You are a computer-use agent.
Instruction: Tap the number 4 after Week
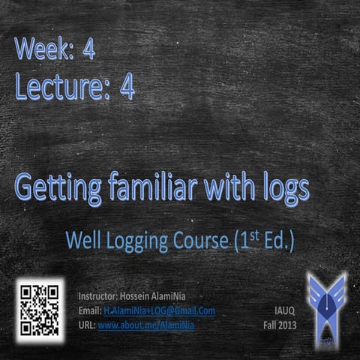[x=89, y=49]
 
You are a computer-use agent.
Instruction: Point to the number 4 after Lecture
[x=127, y=88]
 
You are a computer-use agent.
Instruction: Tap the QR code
[x=39, y=309]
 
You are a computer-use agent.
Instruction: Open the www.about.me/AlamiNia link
[x=145, y=326]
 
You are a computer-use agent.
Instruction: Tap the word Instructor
[x=98, y=295]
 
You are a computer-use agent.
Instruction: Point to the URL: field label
[x=86, y=326]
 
